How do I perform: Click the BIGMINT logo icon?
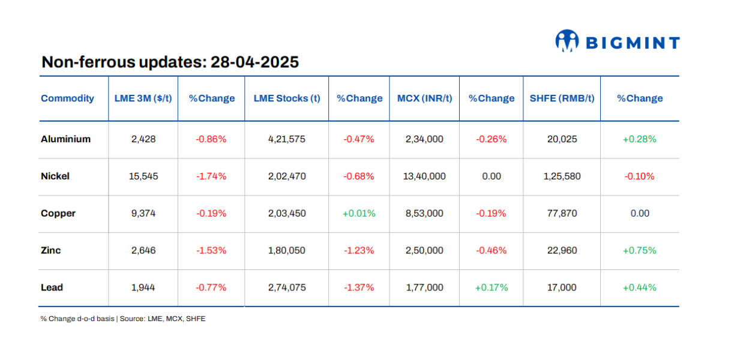coord(567,41)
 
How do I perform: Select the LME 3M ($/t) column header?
coord(143,98)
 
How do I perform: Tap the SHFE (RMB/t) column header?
coord(562,98)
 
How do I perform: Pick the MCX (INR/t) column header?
coord(424,98)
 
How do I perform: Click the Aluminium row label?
coord(65,139)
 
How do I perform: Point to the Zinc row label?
coord(50,250)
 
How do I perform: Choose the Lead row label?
coord(52,287)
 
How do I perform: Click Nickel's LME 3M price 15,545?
coord(143,176)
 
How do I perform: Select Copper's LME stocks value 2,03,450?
coord(286,214)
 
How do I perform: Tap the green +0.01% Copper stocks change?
coord(358,214)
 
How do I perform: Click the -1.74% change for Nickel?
coord(211,176)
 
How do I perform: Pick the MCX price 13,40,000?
coord(424,176)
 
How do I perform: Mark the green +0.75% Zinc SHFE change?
coord(639,250)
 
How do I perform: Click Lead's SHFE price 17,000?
coord(562,287)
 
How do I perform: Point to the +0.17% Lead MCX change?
coord(491,287)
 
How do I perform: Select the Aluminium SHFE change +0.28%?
coord(639,139)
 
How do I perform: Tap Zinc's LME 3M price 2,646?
coord(143,250)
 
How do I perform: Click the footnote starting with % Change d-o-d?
coord(122,319)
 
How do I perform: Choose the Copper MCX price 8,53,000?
coord(424,214)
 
